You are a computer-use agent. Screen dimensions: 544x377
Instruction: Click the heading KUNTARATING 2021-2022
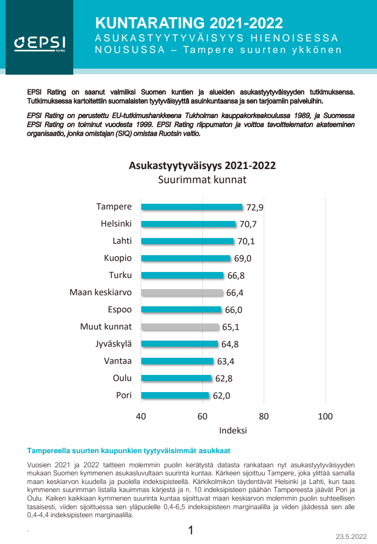coord(188,23)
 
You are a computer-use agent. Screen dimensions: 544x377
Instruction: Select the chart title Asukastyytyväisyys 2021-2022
coord(202,166)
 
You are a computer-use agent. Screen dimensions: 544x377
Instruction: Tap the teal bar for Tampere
coord(192,207)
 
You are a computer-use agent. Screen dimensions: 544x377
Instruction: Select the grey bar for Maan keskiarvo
coord(182,293)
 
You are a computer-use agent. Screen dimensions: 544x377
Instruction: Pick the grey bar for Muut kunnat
coord(180,327)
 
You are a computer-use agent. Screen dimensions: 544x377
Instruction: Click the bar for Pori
coord(175,396)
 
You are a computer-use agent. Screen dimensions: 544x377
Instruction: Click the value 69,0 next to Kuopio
coord(242,258)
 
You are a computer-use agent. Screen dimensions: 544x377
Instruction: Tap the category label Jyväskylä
coord(114,344)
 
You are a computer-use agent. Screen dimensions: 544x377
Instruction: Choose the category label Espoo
coord(120,310)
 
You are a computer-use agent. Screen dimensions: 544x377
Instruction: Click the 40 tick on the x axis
coord(141,416)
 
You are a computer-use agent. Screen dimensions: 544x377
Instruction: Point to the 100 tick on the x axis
coord(325,416)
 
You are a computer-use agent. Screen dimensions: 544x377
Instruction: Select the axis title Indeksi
coord(232,431)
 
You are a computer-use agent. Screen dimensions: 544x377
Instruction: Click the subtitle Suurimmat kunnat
coord(202,180)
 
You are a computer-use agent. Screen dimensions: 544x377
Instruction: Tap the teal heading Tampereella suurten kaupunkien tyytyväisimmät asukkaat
coord(129,450)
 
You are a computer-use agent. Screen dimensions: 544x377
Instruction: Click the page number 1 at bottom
coord(191,530)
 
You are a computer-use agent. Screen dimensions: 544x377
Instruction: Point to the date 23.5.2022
coord(351,536)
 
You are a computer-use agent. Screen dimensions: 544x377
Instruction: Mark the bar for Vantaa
coord(177,361)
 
